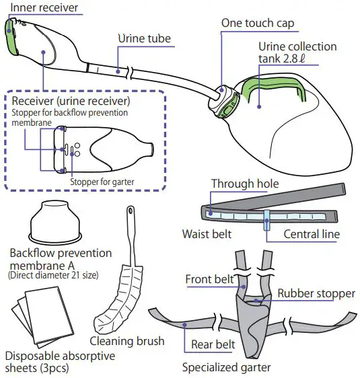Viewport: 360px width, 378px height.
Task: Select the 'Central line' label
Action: [311, 234]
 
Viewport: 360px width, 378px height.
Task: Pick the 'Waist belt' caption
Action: [207, 234]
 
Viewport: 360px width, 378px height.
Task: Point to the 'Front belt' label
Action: [209, 279]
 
